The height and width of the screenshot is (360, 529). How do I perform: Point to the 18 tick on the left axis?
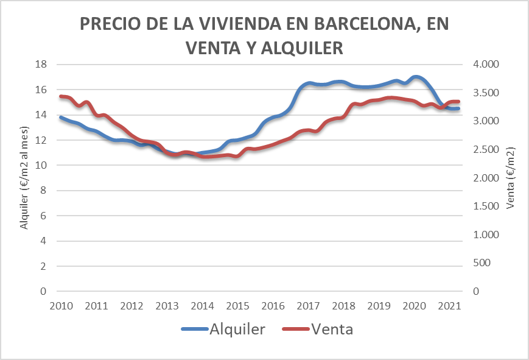click(41, 64)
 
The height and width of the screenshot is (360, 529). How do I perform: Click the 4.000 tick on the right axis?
click(486, 64)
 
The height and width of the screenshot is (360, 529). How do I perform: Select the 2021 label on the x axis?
click(450, 305)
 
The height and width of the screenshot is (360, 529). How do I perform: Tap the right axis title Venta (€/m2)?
click(510, 178)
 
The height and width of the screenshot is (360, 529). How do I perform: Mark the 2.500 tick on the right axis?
click(486, 149)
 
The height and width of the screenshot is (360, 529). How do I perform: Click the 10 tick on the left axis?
click(41, 165)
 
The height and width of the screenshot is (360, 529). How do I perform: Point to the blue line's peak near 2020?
click(416, 77)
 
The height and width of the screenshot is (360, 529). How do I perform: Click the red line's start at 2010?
click(60, 96)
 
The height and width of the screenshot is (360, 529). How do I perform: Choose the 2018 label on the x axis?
click(344, 305)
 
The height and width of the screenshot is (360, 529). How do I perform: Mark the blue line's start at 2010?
click(60, 117)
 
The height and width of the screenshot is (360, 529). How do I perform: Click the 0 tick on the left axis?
click(44, 291)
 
